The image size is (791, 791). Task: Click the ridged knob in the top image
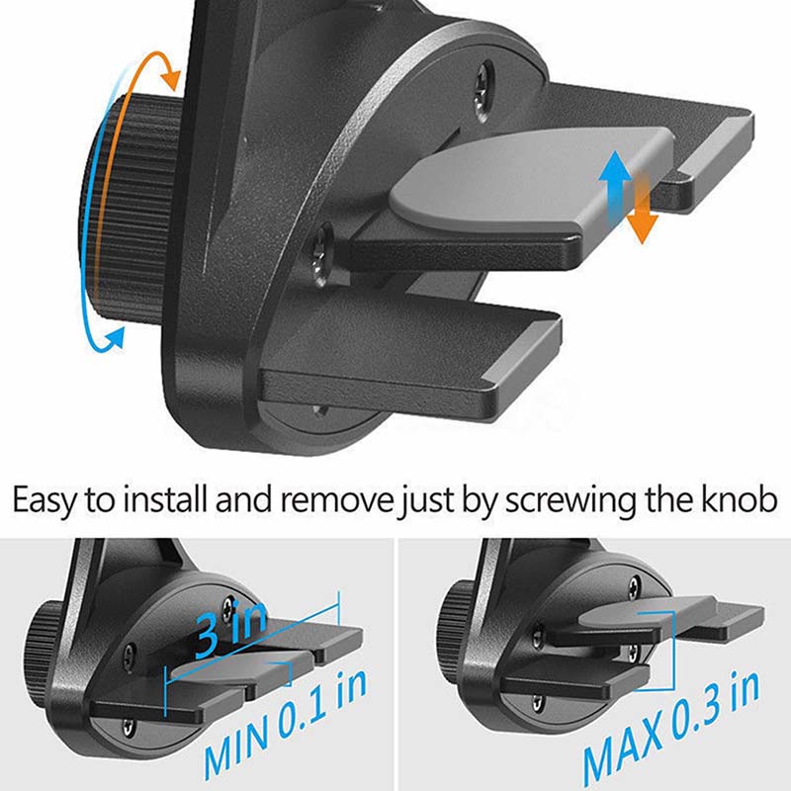click(x=132, y=207)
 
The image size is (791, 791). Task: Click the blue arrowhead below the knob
click(x=115, y=338)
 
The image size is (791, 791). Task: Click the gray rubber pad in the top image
click(x=530, y=178)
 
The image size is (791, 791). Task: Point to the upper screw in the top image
click(x=485, y=91)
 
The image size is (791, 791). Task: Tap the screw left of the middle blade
click(x=320, y=255)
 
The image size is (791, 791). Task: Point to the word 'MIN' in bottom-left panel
click(x=237, y=746)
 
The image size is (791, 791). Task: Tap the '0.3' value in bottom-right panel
click(x=700, y=710)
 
